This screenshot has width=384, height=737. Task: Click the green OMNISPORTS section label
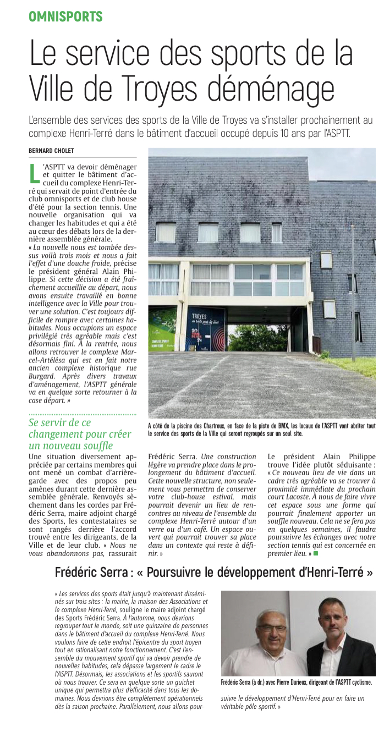[x=65, y=16]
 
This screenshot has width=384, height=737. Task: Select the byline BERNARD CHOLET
[x=51, y=151]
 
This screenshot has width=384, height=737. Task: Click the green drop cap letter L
[x=34, y=172]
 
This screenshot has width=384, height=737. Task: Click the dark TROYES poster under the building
[x=206, y=329]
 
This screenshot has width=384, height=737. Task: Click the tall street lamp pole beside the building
[x=353, y=291]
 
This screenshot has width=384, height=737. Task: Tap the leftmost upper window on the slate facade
[x=166, y=232]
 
